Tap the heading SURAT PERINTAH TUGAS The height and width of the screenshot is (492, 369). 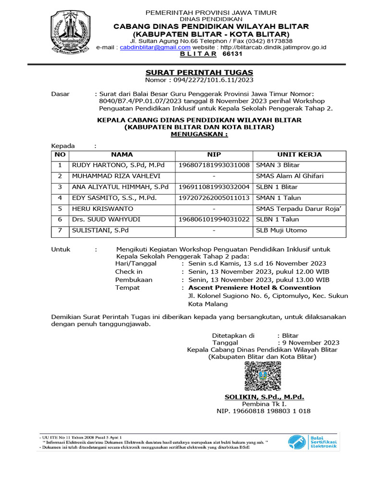(x=199, y=72)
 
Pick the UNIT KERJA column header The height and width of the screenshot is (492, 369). (x=299, y=155)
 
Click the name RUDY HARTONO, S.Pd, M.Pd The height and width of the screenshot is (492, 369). (x=118, y=165)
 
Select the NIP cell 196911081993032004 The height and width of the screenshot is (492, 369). (x=214, y=187)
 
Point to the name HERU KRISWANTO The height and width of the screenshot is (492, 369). (x=102, y=209)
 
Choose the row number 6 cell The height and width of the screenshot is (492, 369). (x=60, y=220)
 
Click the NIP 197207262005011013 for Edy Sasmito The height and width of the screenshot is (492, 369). (x=214, y=198)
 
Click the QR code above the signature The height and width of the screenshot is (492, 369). (x=264, y=375)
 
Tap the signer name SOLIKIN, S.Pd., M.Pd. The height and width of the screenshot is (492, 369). (x=264, y=397)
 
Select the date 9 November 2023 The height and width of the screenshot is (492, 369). (x=311, y=343)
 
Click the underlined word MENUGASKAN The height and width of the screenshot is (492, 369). (x=199, y=135)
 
